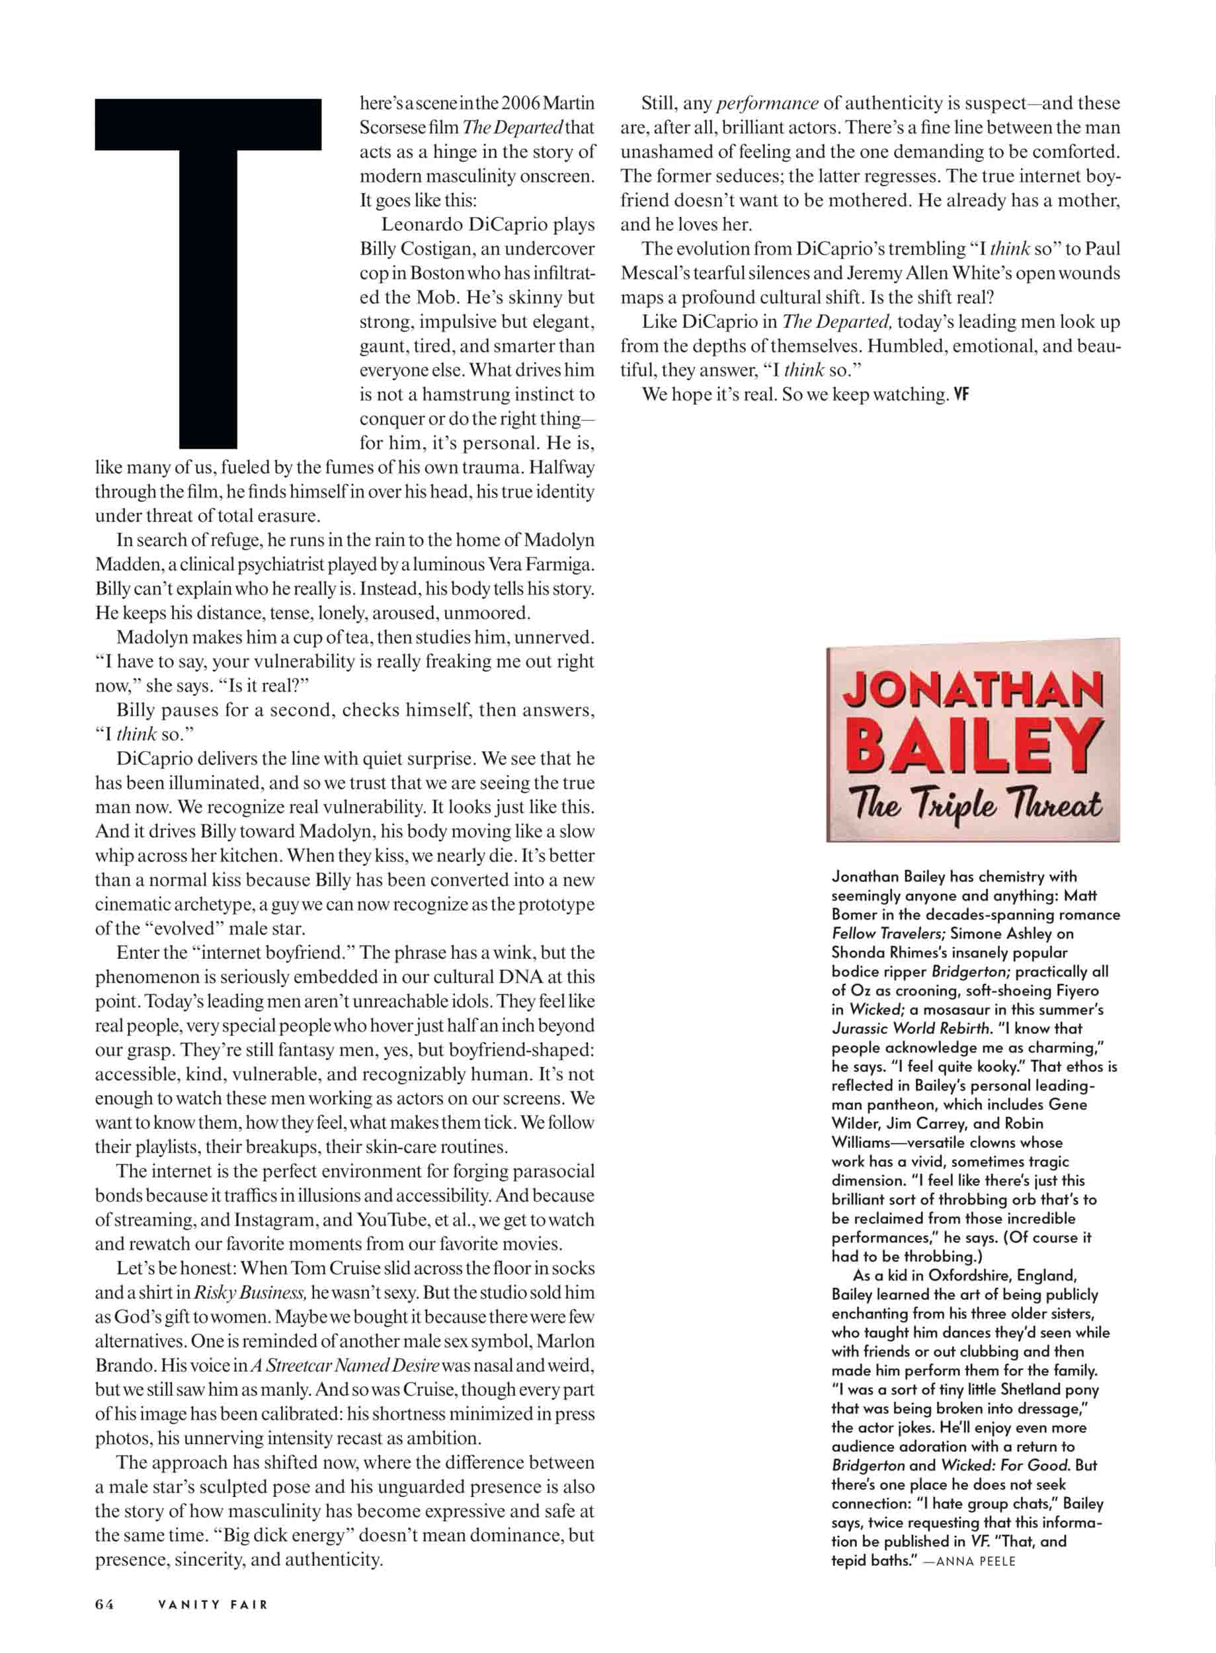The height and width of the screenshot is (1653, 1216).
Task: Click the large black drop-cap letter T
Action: (208, 272)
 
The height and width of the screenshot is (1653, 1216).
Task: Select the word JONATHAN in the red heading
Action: (973, 690)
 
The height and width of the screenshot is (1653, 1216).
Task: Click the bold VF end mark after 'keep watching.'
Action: (961, 395)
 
